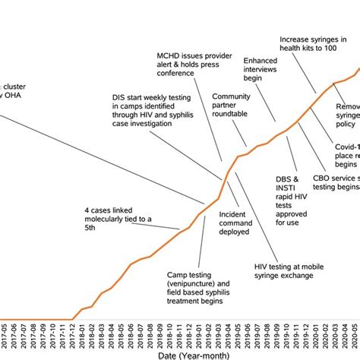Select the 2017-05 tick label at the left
[x=4, y=334]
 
